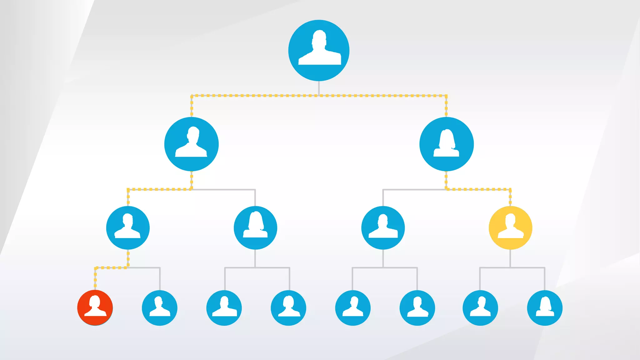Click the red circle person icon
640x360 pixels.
point(95,308)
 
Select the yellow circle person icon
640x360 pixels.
point(510,228)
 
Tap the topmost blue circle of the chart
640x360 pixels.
point(319,50)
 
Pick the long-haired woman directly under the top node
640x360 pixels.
point(446,144)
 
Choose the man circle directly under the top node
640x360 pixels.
point(191,144)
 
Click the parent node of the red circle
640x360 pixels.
point(128,228)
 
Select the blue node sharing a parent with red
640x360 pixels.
point(160,308)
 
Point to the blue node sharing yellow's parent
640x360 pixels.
point(383,228)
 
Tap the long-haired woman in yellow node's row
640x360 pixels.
point(255,228)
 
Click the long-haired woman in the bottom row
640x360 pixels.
point(545,308)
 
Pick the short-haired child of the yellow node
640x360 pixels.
point(480,308)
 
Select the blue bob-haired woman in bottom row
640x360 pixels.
point(288,308)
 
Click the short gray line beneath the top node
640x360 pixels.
point(319,88)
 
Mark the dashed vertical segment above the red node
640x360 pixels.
point(95,278)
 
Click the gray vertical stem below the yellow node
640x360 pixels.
point(510,258)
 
